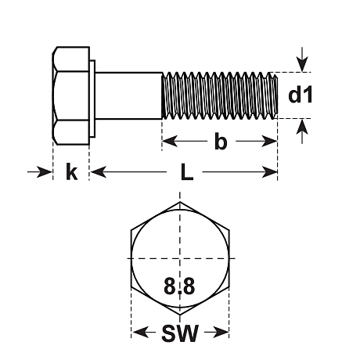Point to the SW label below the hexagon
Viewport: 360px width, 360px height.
pyautogui.click(x=180, y=334)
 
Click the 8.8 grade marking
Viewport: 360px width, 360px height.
pyautogui.click(x=180, y=286)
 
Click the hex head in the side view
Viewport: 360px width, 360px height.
pyautogui.click(x=70, y=95)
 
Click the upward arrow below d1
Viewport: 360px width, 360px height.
pyautogui.click(x=301, y=129)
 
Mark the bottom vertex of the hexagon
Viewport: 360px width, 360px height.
pyautogui.click(x=181, y=315)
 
